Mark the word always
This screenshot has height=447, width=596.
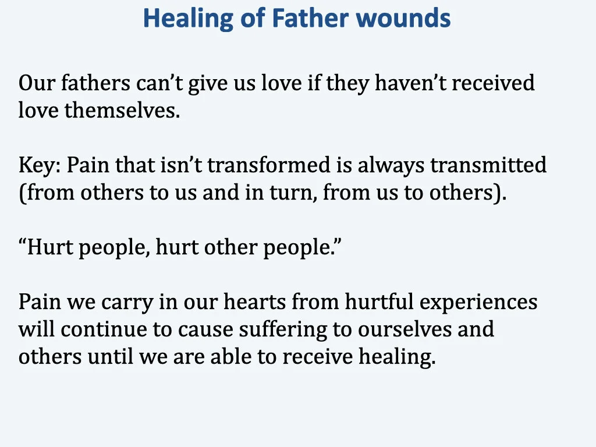pyautogui.click(x=391, y=166)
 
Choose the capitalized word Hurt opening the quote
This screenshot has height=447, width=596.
pyautogui.click(x=48, y=248)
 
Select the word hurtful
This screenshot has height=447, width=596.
pyautogui.click(x=379, y=303)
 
